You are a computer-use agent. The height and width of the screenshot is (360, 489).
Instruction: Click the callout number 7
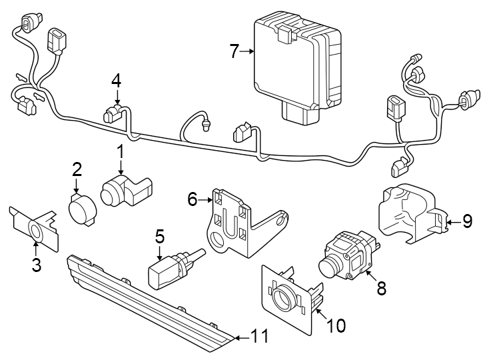(x=234, y=51)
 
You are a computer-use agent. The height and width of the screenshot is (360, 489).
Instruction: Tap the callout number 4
(x=116, y=81)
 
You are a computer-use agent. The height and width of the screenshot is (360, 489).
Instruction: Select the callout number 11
(x=260, y=337)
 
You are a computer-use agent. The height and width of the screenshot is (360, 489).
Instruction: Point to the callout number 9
(x=467, y=221)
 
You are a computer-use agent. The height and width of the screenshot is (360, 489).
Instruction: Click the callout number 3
(x=36, y=265)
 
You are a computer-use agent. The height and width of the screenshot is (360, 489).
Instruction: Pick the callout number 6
(x=193, y=199)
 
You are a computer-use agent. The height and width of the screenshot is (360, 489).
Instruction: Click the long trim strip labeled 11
(x=147, y=300)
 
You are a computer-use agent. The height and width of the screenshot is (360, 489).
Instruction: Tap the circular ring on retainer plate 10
(x=284, y=295)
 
